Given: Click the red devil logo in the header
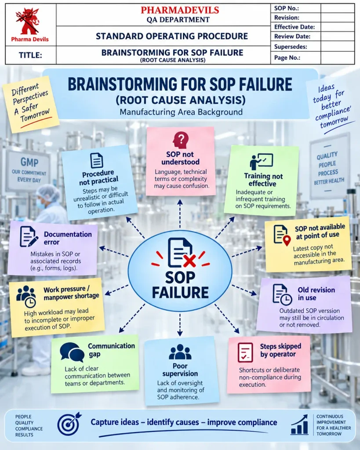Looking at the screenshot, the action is pos(28,21).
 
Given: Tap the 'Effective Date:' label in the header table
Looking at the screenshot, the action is pos(295,27).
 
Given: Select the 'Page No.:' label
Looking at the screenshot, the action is pos(287,58).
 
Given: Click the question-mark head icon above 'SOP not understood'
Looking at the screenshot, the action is pos(180,140).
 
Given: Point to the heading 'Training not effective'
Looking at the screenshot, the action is pos(263,180).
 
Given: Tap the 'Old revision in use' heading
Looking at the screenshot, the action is pos(316,294).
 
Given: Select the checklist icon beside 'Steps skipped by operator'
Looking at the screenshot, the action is pos(245,352).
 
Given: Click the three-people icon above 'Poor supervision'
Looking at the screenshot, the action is pos(180,352).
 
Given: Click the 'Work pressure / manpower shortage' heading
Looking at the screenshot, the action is pos(71,293).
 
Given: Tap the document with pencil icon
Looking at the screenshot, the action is pos(29,237).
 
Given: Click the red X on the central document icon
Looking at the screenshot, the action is pos(189,261).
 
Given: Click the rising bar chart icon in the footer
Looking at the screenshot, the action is pos(299,425).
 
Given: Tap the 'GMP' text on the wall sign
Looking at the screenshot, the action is pos(29,163).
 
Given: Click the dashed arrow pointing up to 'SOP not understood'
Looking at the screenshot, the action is pos(180,214).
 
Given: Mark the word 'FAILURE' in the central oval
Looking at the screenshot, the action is pos(180,293).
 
